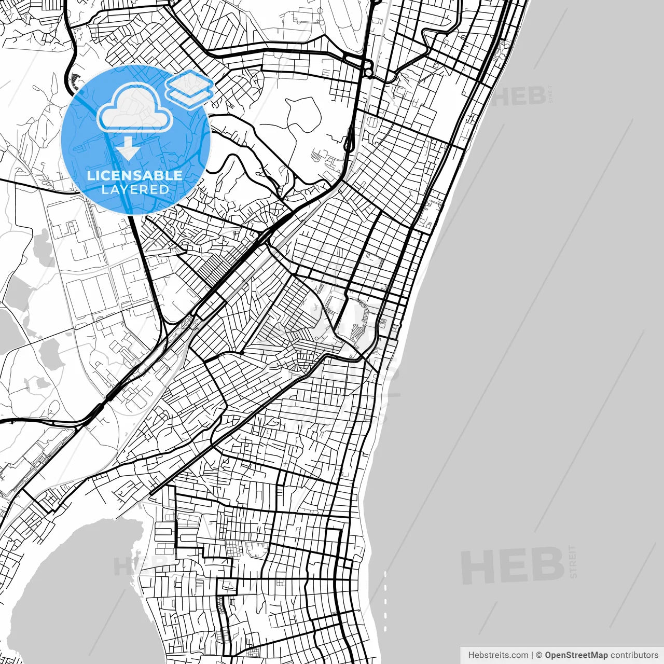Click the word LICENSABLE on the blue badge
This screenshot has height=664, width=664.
pyautogui.click(x=135, y=175)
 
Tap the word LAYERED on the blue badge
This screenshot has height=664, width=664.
pyautogui.click(x=135, y=189)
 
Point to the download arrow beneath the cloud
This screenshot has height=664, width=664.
pyautogui.click(x=127, y=148)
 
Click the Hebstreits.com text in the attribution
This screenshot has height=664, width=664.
pyautogui.click(x=498, y=655)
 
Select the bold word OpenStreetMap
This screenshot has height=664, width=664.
pyautogui.click(x=576, y=655)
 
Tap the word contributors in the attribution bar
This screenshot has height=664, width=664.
pyautogui.click(x=634, y=655)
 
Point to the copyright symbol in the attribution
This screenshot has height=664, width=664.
pyautogui.click(x=539, y=655)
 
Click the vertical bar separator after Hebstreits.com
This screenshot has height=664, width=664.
pyautogui.click(x=532, y=655)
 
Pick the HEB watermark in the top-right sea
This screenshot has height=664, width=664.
pyautogui.click(x=519, y=96)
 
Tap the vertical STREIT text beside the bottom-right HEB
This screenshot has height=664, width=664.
pyautogui.click(x=573, y=561)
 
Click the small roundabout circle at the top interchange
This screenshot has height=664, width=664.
pyautogui.click(x=368, y=73)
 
